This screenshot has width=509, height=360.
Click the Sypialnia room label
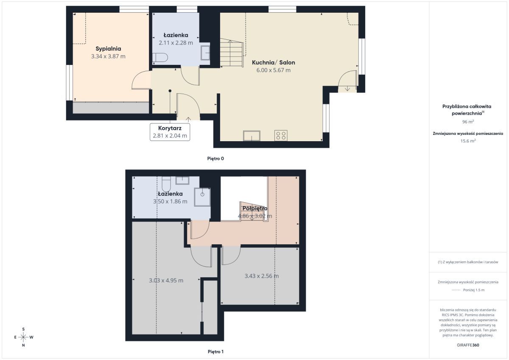point(108,49)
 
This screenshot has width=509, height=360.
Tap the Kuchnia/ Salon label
point(273,62)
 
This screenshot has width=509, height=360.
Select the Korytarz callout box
point(170,132)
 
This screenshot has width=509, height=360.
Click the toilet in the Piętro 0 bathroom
point(160,58)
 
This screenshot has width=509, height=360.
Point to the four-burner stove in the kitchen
point(281,136)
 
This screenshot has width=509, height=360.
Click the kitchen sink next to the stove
point(252,136)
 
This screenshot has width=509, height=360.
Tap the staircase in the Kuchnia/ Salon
point(232,53)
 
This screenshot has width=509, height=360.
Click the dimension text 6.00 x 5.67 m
point(273,70)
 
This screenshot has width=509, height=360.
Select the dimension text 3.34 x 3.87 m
point(108,56)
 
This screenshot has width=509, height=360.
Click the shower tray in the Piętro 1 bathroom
point(202,197)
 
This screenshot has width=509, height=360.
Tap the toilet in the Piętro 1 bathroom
point(166,184)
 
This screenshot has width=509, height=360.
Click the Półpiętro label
point(255,208)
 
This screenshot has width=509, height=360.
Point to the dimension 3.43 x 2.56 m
point(262,276)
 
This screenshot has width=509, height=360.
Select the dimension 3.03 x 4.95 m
point(166,281)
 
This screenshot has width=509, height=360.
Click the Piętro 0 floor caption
point(215,159)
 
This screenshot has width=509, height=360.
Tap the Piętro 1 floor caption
point(215,352)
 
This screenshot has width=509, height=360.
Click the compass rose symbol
point(23,337)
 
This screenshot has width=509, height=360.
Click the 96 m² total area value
point(468,122)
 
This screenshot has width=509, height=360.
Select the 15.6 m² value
point(468,141)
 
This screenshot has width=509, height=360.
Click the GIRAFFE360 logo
point(468,345)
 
